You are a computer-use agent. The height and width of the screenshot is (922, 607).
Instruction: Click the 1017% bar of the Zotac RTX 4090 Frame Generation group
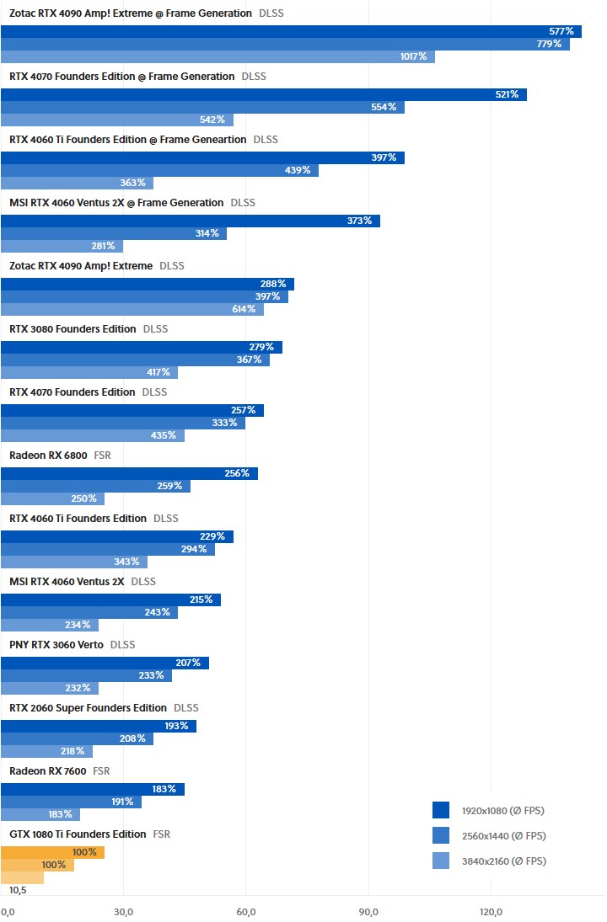click(x=218, y=56)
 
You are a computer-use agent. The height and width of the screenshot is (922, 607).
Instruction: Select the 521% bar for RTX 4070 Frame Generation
click(x=263, y=94)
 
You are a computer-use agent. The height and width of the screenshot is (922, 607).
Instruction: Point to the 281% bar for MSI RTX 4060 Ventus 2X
click(x=62, y=246)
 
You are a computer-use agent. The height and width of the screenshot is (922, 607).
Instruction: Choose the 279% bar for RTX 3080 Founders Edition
click(x=142, y=347)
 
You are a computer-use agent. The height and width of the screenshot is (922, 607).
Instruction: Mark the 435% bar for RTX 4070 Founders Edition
click(x=93, y=435)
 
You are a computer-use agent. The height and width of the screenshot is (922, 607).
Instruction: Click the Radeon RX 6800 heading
click(x=48, y=456)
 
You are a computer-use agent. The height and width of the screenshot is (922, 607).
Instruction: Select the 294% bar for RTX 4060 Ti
click(x=108, y=549)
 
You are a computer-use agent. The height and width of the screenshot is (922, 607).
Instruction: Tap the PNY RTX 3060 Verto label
click(x=56, y=645)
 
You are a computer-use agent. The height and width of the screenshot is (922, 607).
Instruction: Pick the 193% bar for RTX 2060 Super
click(x=99, y=726)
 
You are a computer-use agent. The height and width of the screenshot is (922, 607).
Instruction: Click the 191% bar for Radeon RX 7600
click(x=71, y=802)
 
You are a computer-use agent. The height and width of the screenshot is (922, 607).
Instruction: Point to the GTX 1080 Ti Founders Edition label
click(x=78, y=834)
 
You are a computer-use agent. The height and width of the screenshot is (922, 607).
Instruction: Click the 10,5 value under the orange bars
click(x=19, y=890)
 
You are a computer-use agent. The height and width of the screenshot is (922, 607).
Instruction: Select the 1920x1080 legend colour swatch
click(x=441, y=811)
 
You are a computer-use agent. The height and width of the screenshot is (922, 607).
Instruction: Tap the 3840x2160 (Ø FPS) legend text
click(x=503, y=861)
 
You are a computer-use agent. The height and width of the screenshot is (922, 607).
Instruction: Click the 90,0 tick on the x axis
click(x=368, y=912)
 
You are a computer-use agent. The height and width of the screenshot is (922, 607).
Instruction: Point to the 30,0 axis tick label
click(x=123, y=912)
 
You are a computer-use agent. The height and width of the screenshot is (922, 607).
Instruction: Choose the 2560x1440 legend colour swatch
click(x=441, y=836)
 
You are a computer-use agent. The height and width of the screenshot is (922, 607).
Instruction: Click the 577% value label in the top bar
click(x=561, y=31)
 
